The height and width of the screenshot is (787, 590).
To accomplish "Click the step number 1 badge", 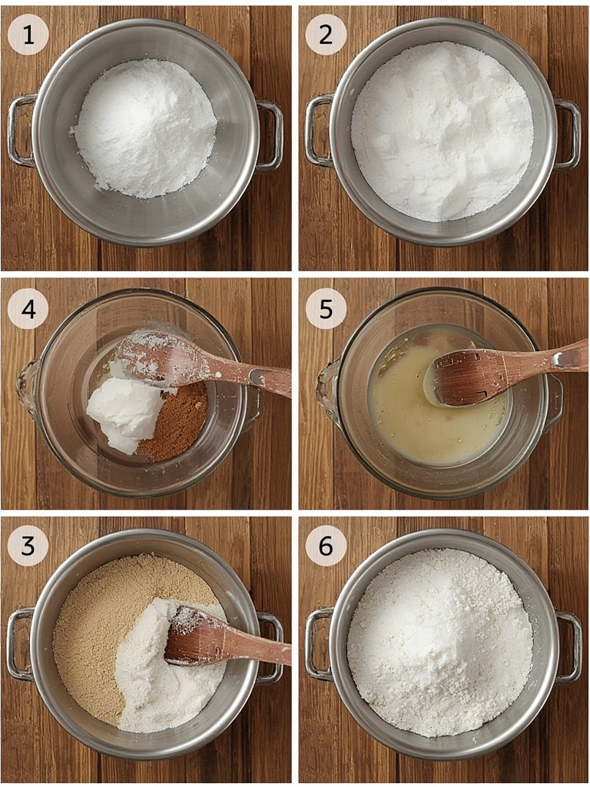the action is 28,35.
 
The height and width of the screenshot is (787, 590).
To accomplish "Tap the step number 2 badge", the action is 326,35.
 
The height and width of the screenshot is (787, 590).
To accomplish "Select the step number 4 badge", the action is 28,309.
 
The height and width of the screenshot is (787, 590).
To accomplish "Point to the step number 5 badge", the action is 326,309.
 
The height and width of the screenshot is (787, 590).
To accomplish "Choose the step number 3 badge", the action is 28,546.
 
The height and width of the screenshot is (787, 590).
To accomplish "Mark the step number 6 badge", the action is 326,546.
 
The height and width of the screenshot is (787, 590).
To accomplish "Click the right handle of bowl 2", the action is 568,135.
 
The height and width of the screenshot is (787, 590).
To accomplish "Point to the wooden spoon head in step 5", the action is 466,377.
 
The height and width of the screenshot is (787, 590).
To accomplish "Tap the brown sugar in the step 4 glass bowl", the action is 177,422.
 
